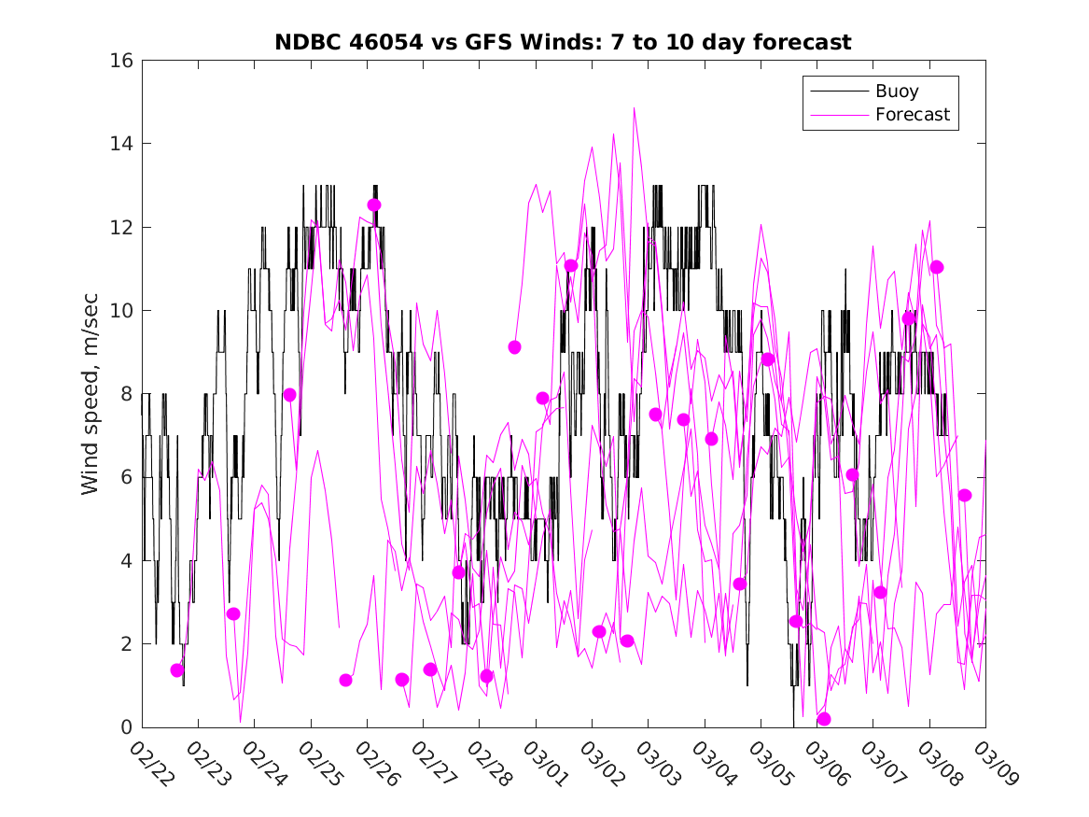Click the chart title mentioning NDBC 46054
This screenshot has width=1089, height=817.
point(563,43)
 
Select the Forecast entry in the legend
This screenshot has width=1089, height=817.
point(912,115)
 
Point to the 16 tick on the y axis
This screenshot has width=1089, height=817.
point(123,61)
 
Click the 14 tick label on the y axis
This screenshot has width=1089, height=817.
point(123,144)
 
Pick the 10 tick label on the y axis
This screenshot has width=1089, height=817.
point(123,311)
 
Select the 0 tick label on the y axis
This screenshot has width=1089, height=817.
point(129,727)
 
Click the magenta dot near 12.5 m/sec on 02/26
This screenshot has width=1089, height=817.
point(374,205)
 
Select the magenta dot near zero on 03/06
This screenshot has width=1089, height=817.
point(824,719)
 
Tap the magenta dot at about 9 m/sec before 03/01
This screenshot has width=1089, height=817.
point(514,347)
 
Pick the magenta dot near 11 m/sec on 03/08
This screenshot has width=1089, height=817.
point(937,267)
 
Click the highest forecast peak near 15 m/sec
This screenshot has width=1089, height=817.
point(635,108)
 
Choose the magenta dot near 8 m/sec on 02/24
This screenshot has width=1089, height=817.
point(289,395)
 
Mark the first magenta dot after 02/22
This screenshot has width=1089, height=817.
point(177,670)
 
